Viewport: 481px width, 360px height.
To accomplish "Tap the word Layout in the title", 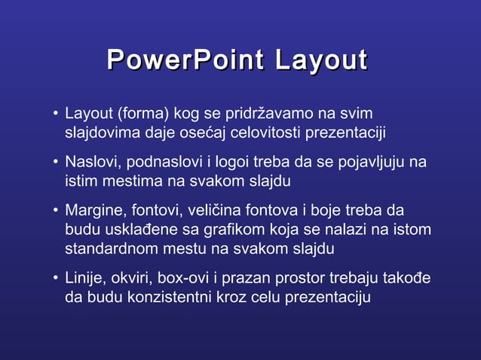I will point(320,61).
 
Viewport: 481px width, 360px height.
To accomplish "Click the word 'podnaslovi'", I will point(160,163).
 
